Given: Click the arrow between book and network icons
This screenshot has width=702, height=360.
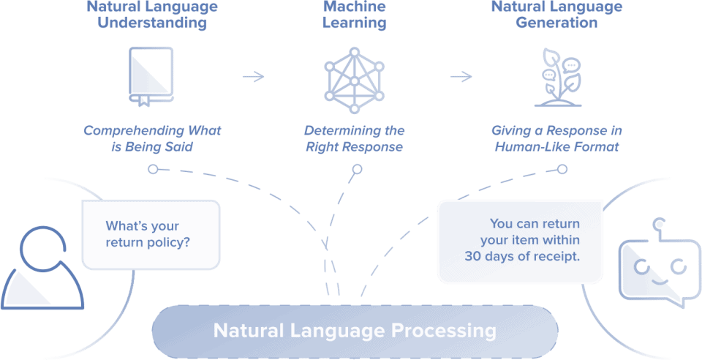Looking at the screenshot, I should (253, 77).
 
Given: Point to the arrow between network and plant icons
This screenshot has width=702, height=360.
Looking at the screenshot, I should (461, 77).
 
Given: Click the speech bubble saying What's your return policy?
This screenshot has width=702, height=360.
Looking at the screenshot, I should (151, 233).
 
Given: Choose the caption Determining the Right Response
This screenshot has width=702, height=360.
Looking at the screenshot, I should (355, 138).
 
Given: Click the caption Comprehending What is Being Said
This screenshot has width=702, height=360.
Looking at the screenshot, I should (152, 138).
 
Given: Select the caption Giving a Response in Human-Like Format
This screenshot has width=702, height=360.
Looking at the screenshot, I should (557, 138).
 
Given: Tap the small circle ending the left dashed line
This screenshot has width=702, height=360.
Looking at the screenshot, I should (152, 169).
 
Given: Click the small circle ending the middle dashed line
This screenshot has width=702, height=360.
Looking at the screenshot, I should (356, 170).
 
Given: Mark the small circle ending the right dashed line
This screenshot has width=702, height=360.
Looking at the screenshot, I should (562, 169).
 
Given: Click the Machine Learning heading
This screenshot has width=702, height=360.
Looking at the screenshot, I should (355, 15).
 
